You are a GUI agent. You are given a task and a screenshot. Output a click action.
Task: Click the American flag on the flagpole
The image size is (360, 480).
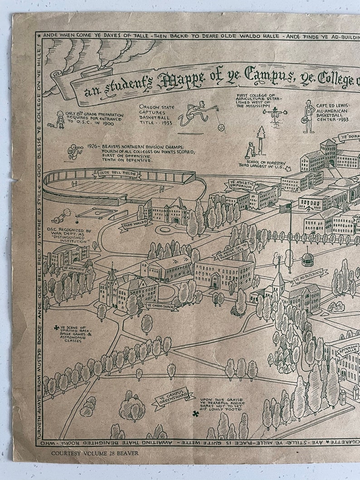[285, 208]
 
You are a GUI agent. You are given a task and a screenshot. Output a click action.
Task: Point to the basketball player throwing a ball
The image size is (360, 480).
[195, 116]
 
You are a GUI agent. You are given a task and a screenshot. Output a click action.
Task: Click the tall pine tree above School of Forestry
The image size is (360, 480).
[260, 136]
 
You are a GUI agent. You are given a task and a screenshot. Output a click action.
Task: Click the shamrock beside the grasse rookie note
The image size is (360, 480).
[195, 413]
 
